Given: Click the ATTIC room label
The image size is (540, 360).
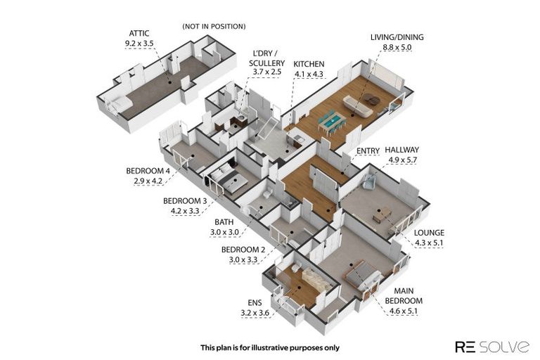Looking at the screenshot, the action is (139, 34).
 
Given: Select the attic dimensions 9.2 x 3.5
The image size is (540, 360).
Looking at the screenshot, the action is (139, 44).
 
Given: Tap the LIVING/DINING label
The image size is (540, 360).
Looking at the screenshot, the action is (397, 37).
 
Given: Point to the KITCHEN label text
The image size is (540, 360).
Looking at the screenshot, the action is (309, 64).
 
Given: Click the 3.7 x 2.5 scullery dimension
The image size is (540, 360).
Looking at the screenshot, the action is (267, 72).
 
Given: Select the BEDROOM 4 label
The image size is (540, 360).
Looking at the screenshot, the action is (148, 171).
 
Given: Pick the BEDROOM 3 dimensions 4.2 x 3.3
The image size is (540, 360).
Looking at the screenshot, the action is (185, 211).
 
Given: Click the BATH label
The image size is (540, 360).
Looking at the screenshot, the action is (224, 222).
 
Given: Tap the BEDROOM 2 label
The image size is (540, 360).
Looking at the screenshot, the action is (243, 250).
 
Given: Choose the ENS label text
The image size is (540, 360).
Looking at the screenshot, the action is (255, 303).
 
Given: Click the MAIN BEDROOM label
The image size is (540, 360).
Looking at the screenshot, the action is (404, 296).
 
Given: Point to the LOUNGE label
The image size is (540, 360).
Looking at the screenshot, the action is (429, 233).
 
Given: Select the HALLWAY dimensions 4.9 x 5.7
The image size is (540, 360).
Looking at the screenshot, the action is (403, 160).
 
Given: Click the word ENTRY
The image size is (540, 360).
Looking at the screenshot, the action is (368, 151).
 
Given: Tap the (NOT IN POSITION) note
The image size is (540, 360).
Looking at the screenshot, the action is (214, 27).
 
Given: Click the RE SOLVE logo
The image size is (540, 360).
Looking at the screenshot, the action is (492, 347).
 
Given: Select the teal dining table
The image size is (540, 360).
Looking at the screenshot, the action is (332, 121).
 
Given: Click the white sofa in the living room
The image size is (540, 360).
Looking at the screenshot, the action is (357, 106).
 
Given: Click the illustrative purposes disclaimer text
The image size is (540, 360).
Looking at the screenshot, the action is (270, 348).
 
